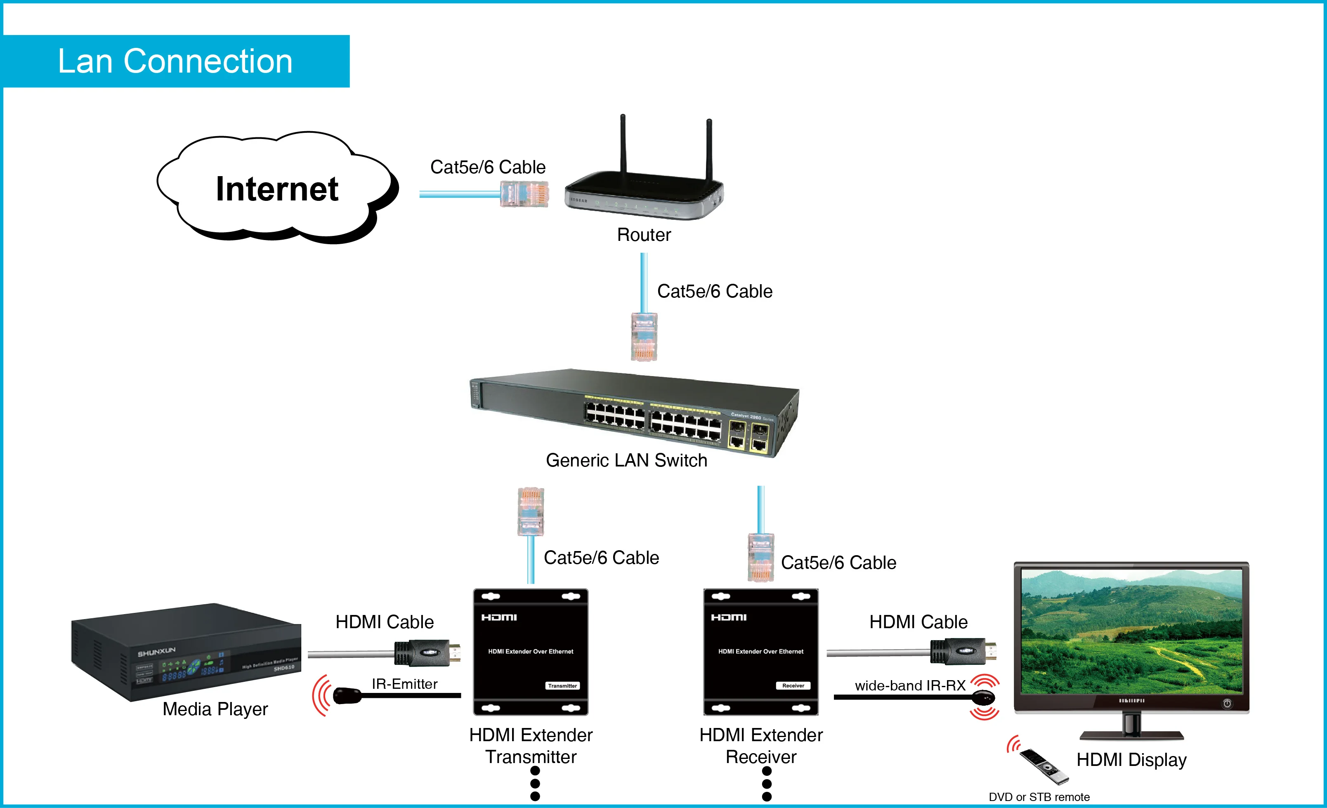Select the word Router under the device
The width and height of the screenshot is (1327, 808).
click(644, 235)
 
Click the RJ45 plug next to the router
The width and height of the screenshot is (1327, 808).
click(524, 194)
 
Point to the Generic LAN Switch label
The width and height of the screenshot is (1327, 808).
click(626, 460)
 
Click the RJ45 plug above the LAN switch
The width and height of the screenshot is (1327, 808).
click(644, 337)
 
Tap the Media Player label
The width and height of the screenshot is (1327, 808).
click(215, 709)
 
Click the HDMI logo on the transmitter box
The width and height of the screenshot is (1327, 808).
click(499, 617)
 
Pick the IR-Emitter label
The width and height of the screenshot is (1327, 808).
click(404, 684)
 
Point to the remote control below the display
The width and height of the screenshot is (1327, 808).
click(1044, 766)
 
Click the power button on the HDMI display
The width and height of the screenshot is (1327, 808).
click(1227, 703)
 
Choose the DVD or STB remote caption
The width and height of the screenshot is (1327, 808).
click(1039, 797)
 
